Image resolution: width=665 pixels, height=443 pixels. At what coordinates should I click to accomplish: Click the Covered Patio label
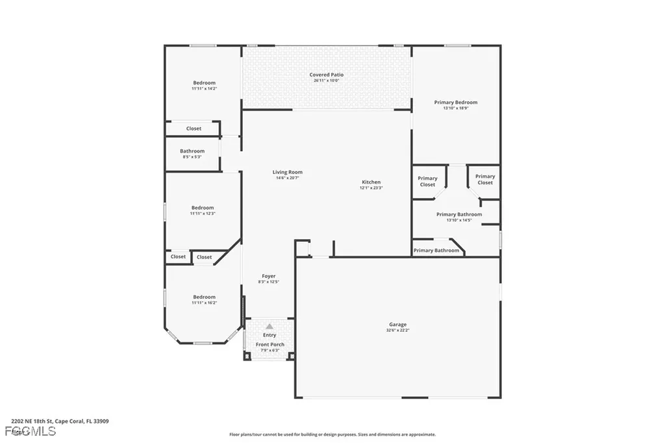tap(327, 75)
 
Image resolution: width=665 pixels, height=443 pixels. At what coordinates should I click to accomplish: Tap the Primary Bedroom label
tap(455, 102)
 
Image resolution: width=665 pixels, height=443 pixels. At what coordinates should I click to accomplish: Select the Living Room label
tap(287, 172)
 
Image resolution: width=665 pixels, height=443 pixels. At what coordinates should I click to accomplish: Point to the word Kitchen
tap(371, 182)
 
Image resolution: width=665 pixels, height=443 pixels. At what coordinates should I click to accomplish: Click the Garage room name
tap(397, 324)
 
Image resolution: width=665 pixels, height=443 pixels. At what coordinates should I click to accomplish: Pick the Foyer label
tap(268, 276)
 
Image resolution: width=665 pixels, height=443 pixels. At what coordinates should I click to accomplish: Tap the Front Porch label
tap(270, 344)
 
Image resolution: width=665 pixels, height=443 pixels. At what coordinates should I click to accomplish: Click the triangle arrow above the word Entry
tap(270, 326)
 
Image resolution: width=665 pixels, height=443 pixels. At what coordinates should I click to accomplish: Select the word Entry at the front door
tap(270, 335)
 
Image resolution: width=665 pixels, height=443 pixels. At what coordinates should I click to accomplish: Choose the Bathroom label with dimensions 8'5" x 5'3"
tap(192, 151)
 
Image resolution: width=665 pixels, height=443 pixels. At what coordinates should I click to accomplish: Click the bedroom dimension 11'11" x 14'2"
tap(204, 89)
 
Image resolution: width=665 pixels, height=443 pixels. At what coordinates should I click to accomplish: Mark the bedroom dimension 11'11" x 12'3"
tap(203, 214)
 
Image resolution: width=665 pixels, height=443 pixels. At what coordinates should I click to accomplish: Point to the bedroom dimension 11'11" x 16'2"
tap(204, 303)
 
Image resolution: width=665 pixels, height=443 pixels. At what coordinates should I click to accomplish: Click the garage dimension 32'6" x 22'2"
tap(397, 331)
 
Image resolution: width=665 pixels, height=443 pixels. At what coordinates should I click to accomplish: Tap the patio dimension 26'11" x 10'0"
tap(327, 81)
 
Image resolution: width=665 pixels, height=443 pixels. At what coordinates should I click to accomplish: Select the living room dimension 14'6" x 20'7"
tap(287, 178)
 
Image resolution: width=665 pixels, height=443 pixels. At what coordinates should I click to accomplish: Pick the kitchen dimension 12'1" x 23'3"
tap(371, 188)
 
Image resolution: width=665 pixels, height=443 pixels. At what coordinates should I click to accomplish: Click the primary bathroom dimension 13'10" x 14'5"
tap(458, 220)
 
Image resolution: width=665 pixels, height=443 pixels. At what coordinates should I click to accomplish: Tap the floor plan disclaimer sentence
tap(332, 435)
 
